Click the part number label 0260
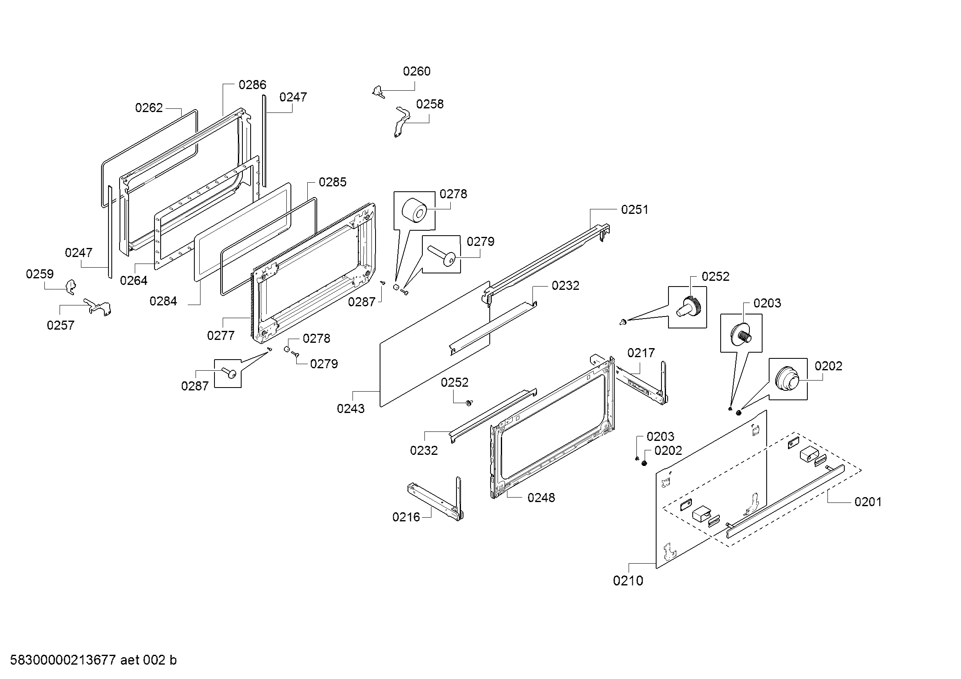(x=417, y=71)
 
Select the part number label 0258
(x=429, y=104)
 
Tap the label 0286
(x=252, y=85)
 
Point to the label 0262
(x=149, y=108)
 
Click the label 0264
(x=134, y=280)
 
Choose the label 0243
(x=350, y=408)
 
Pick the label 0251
(x=634, y=209)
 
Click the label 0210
(x=628, y=581)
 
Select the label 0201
(x=868, y=502)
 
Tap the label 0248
(x=541, y=498)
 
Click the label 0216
(x=406, y=517)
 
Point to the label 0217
(x=641, y=353)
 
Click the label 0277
(x=221, y=335)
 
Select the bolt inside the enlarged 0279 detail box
(x=442, y=255)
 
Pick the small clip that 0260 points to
(x=378, y=92)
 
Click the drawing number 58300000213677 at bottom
(x=62, y=660)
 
